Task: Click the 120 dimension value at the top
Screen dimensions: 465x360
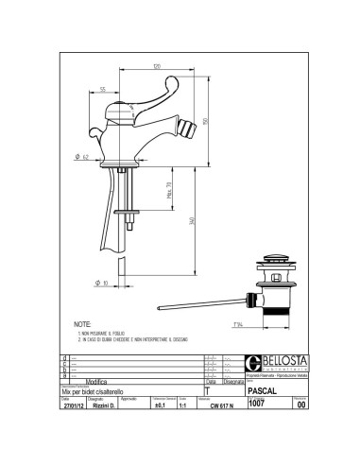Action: (154, 66)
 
